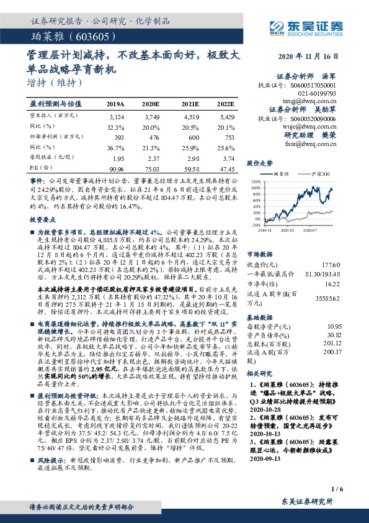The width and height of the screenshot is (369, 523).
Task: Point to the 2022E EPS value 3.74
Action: [226, 158]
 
